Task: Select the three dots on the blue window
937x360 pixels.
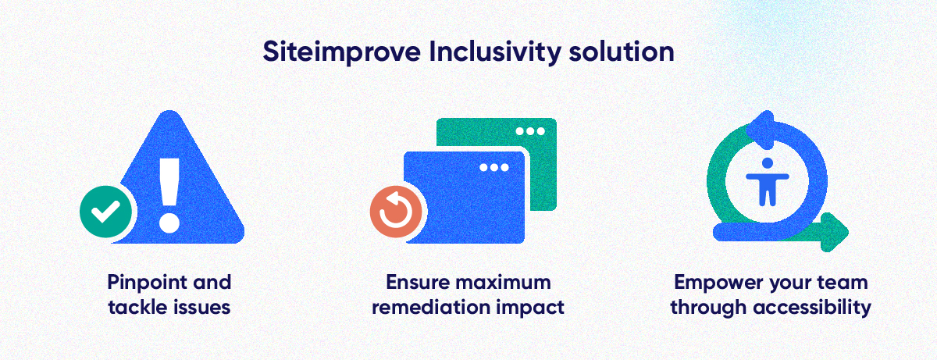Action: pyautogui.click(x=493, y=167)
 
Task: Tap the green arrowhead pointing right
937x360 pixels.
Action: pyautogui.click(x=833, y=230)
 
